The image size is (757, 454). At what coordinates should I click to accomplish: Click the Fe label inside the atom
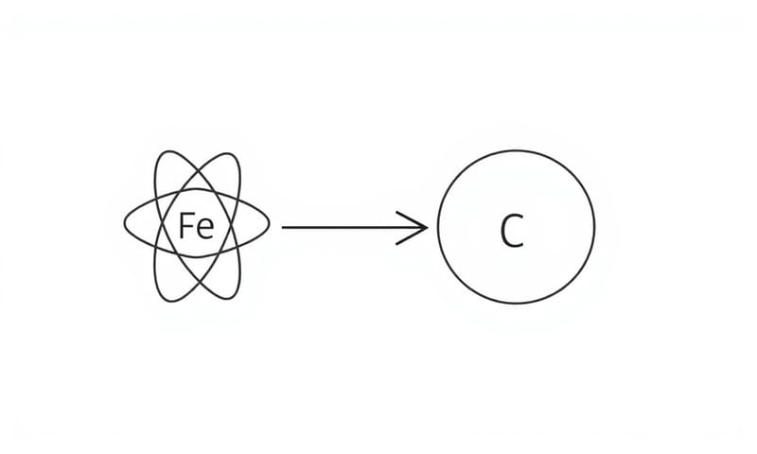(x=196, y=226)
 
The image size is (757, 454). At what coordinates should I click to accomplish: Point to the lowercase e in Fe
(x=205, y=228)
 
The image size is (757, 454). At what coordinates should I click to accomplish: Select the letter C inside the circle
(x=512, y=230)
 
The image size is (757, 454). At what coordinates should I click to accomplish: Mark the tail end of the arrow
(x=284, y=227)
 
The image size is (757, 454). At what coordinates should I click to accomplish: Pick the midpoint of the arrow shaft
(x=355, y=227)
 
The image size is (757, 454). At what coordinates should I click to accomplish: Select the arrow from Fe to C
(x=355, y=227)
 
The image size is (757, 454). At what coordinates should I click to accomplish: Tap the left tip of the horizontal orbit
(x=124, y=224)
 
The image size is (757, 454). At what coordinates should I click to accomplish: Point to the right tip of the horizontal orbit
(x=270, y=224)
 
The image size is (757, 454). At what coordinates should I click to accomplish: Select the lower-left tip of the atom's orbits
(x=159, y=297)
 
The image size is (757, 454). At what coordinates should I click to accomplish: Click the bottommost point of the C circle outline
(x=517, y=305)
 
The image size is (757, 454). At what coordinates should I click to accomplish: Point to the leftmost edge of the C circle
(x=437, y=227)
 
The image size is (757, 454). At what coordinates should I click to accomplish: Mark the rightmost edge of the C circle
(x=595, y=227)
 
